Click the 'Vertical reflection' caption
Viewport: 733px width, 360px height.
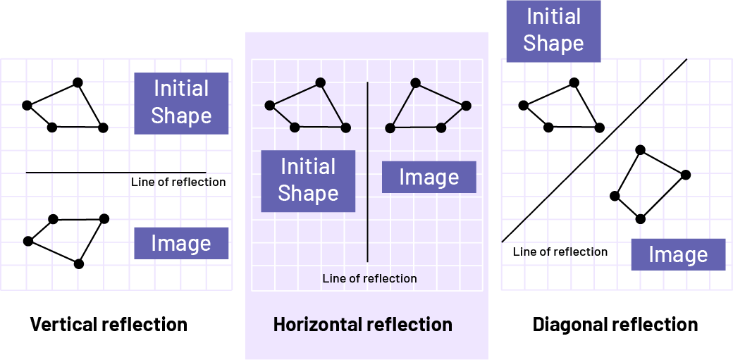click(109, 325)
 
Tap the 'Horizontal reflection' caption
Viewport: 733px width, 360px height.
click(363, 325)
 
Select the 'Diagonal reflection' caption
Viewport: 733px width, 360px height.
click(615, 325)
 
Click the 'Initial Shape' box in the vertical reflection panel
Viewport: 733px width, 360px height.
click(181, 103)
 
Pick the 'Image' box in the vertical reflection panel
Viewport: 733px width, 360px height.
click(181, 243)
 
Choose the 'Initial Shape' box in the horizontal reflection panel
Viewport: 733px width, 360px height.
click(308, 180)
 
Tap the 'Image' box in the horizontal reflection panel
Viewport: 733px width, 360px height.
click(429, 177)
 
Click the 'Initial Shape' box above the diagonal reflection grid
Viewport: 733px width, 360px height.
click(553, 30)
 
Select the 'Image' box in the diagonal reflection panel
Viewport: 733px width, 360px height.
click(678, 254)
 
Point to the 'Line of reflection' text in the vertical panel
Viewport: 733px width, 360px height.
click(178, 182)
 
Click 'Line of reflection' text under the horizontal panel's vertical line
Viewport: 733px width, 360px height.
click(369, 278)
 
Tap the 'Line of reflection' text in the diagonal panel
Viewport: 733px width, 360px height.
click(560, 252)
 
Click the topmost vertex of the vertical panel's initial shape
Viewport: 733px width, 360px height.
click(78, 82)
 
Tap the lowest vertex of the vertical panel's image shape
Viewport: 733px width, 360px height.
click(79, 263)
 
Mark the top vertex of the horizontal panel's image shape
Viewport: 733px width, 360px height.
click(416, 83)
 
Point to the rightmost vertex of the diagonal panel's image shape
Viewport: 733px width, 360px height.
click(686, 174)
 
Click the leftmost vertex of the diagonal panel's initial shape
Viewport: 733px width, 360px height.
click(523, 106)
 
